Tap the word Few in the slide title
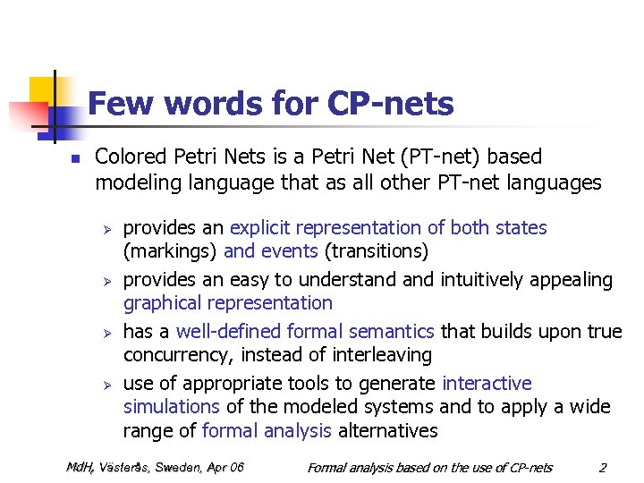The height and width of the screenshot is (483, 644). point(119,105)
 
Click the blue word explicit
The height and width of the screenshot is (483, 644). point(262,228)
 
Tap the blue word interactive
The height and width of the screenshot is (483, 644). point(487,384)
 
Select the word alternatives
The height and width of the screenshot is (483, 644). point(387,430)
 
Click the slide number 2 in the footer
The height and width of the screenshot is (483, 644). point(603,467)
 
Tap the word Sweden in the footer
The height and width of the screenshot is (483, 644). point(178,467)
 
